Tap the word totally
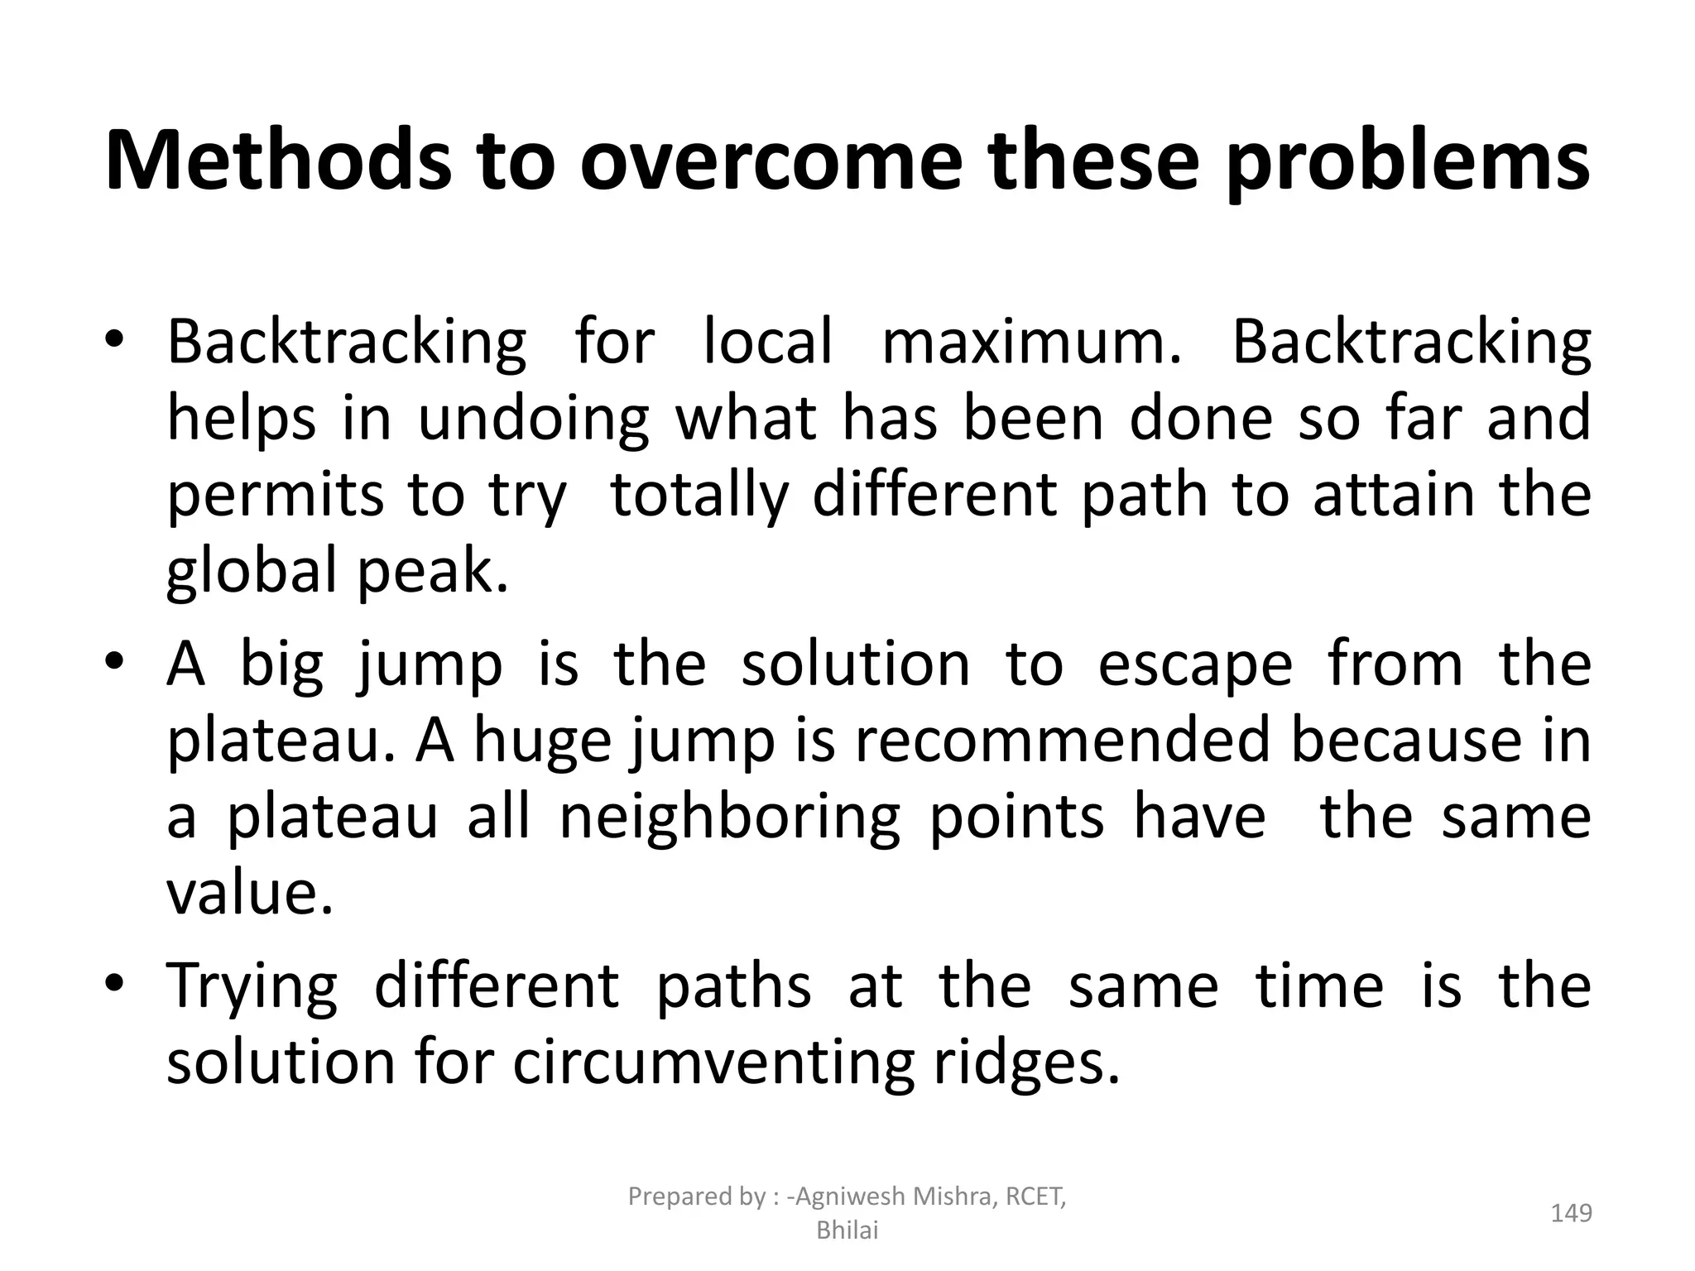point(699,495)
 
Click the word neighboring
point(729,817)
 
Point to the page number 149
point(1571,1213)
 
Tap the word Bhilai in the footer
point(847,1231)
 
